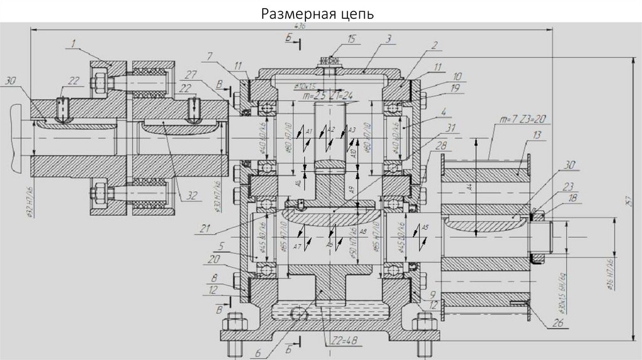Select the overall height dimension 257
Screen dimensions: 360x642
[629, 199]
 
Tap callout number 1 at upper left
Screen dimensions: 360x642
[73, 43]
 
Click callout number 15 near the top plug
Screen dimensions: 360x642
[351, 40]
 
